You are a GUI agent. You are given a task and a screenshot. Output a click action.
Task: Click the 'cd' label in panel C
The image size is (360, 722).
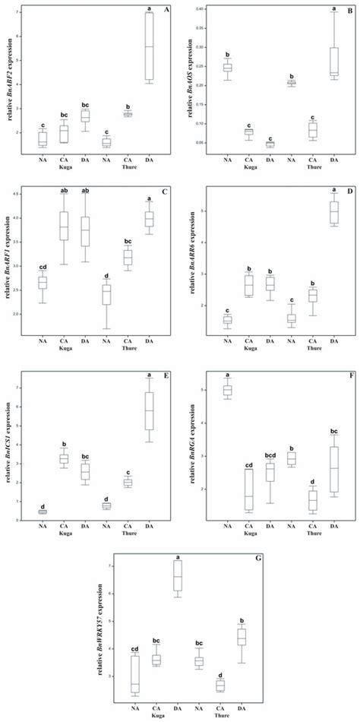coord(43,267)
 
